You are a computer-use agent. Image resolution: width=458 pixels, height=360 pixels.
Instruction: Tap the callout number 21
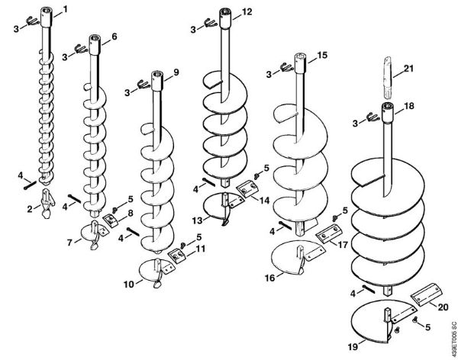click(x=408, y=69)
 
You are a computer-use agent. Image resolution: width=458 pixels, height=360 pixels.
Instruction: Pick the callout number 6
click(x=114, y=37)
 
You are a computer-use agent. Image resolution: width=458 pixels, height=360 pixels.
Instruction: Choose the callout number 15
click(x=322, y=56)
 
